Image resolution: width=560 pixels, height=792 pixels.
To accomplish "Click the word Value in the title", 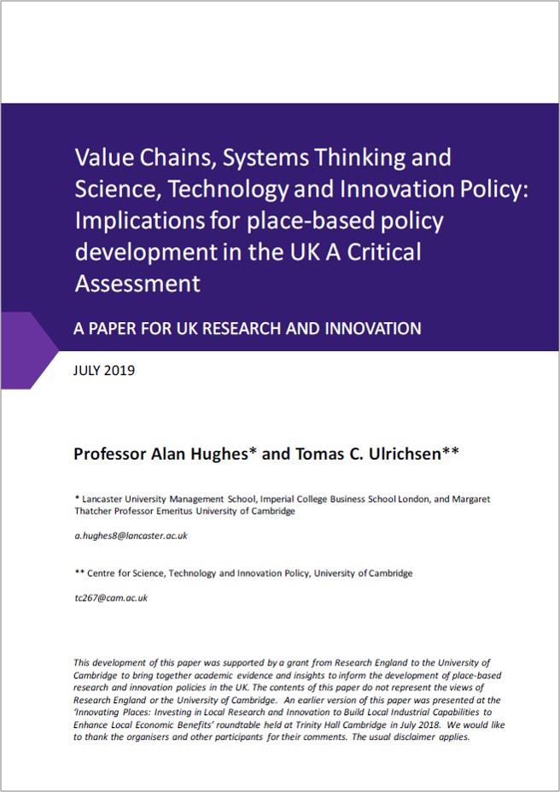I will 101,158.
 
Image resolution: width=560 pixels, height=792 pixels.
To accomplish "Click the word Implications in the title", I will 139,220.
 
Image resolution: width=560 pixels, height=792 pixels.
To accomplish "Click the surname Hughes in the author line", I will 216,454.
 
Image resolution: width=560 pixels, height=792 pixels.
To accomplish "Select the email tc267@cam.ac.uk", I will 111,598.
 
